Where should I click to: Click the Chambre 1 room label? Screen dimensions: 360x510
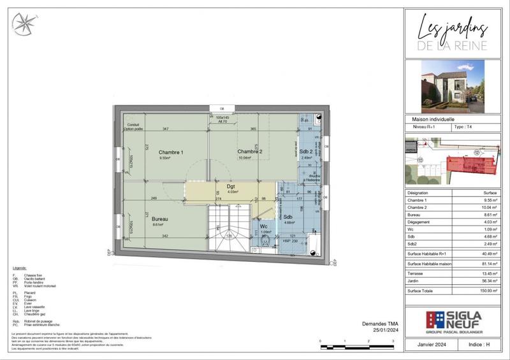(x=171, y=152)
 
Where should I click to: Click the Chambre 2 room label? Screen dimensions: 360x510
(x=250, y=151)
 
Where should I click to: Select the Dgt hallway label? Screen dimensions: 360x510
(x=231, y=187)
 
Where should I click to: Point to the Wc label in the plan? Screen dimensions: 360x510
(x=263, y=226)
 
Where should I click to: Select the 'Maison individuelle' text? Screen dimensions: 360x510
(x=433, y=119)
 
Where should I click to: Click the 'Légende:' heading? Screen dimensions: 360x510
(x=20, y=269)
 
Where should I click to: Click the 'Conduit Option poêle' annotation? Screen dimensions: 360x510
(x=133, y=126)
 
